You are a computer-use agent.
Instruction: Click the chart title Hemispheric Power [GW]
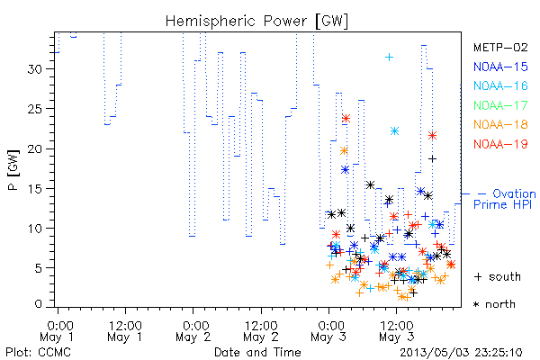[256, 22]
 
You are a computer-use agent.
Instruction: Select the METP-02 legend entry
[500, 47]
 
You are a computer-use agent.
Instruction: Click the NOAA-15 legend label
[500, 67]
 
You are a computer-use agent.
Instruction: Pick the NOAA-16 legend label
[500, 85]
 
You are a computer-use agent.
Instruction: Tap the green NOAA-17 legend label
[500, 105]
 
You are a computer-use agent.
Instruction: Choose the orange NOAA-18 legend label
[500, 124]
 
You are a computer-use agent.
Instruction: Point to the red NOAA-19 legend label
[500, 144]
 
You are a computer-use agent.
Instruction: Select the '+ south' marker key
[498, 276]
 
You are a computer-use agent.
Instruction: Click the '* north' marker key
[494, 304]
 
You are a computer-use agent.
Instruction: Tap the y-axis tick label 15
[34, 189]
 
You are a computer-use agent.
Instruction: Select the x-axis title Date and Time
[257, 353]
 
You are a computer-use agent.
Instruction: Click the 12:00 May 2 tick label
[261, 331]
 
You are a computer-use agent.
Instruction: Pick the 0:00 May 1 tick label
[58, 331]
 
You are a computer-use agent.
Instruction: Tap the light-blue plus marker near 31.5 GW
[389, 58]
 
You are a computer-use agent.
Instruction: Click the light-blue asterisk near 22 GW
[395, 130]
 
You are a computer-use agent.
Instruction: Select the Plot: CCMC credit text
[38, 353]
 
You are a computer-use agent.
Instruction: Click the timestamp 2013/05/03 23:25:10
[461, 353]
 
